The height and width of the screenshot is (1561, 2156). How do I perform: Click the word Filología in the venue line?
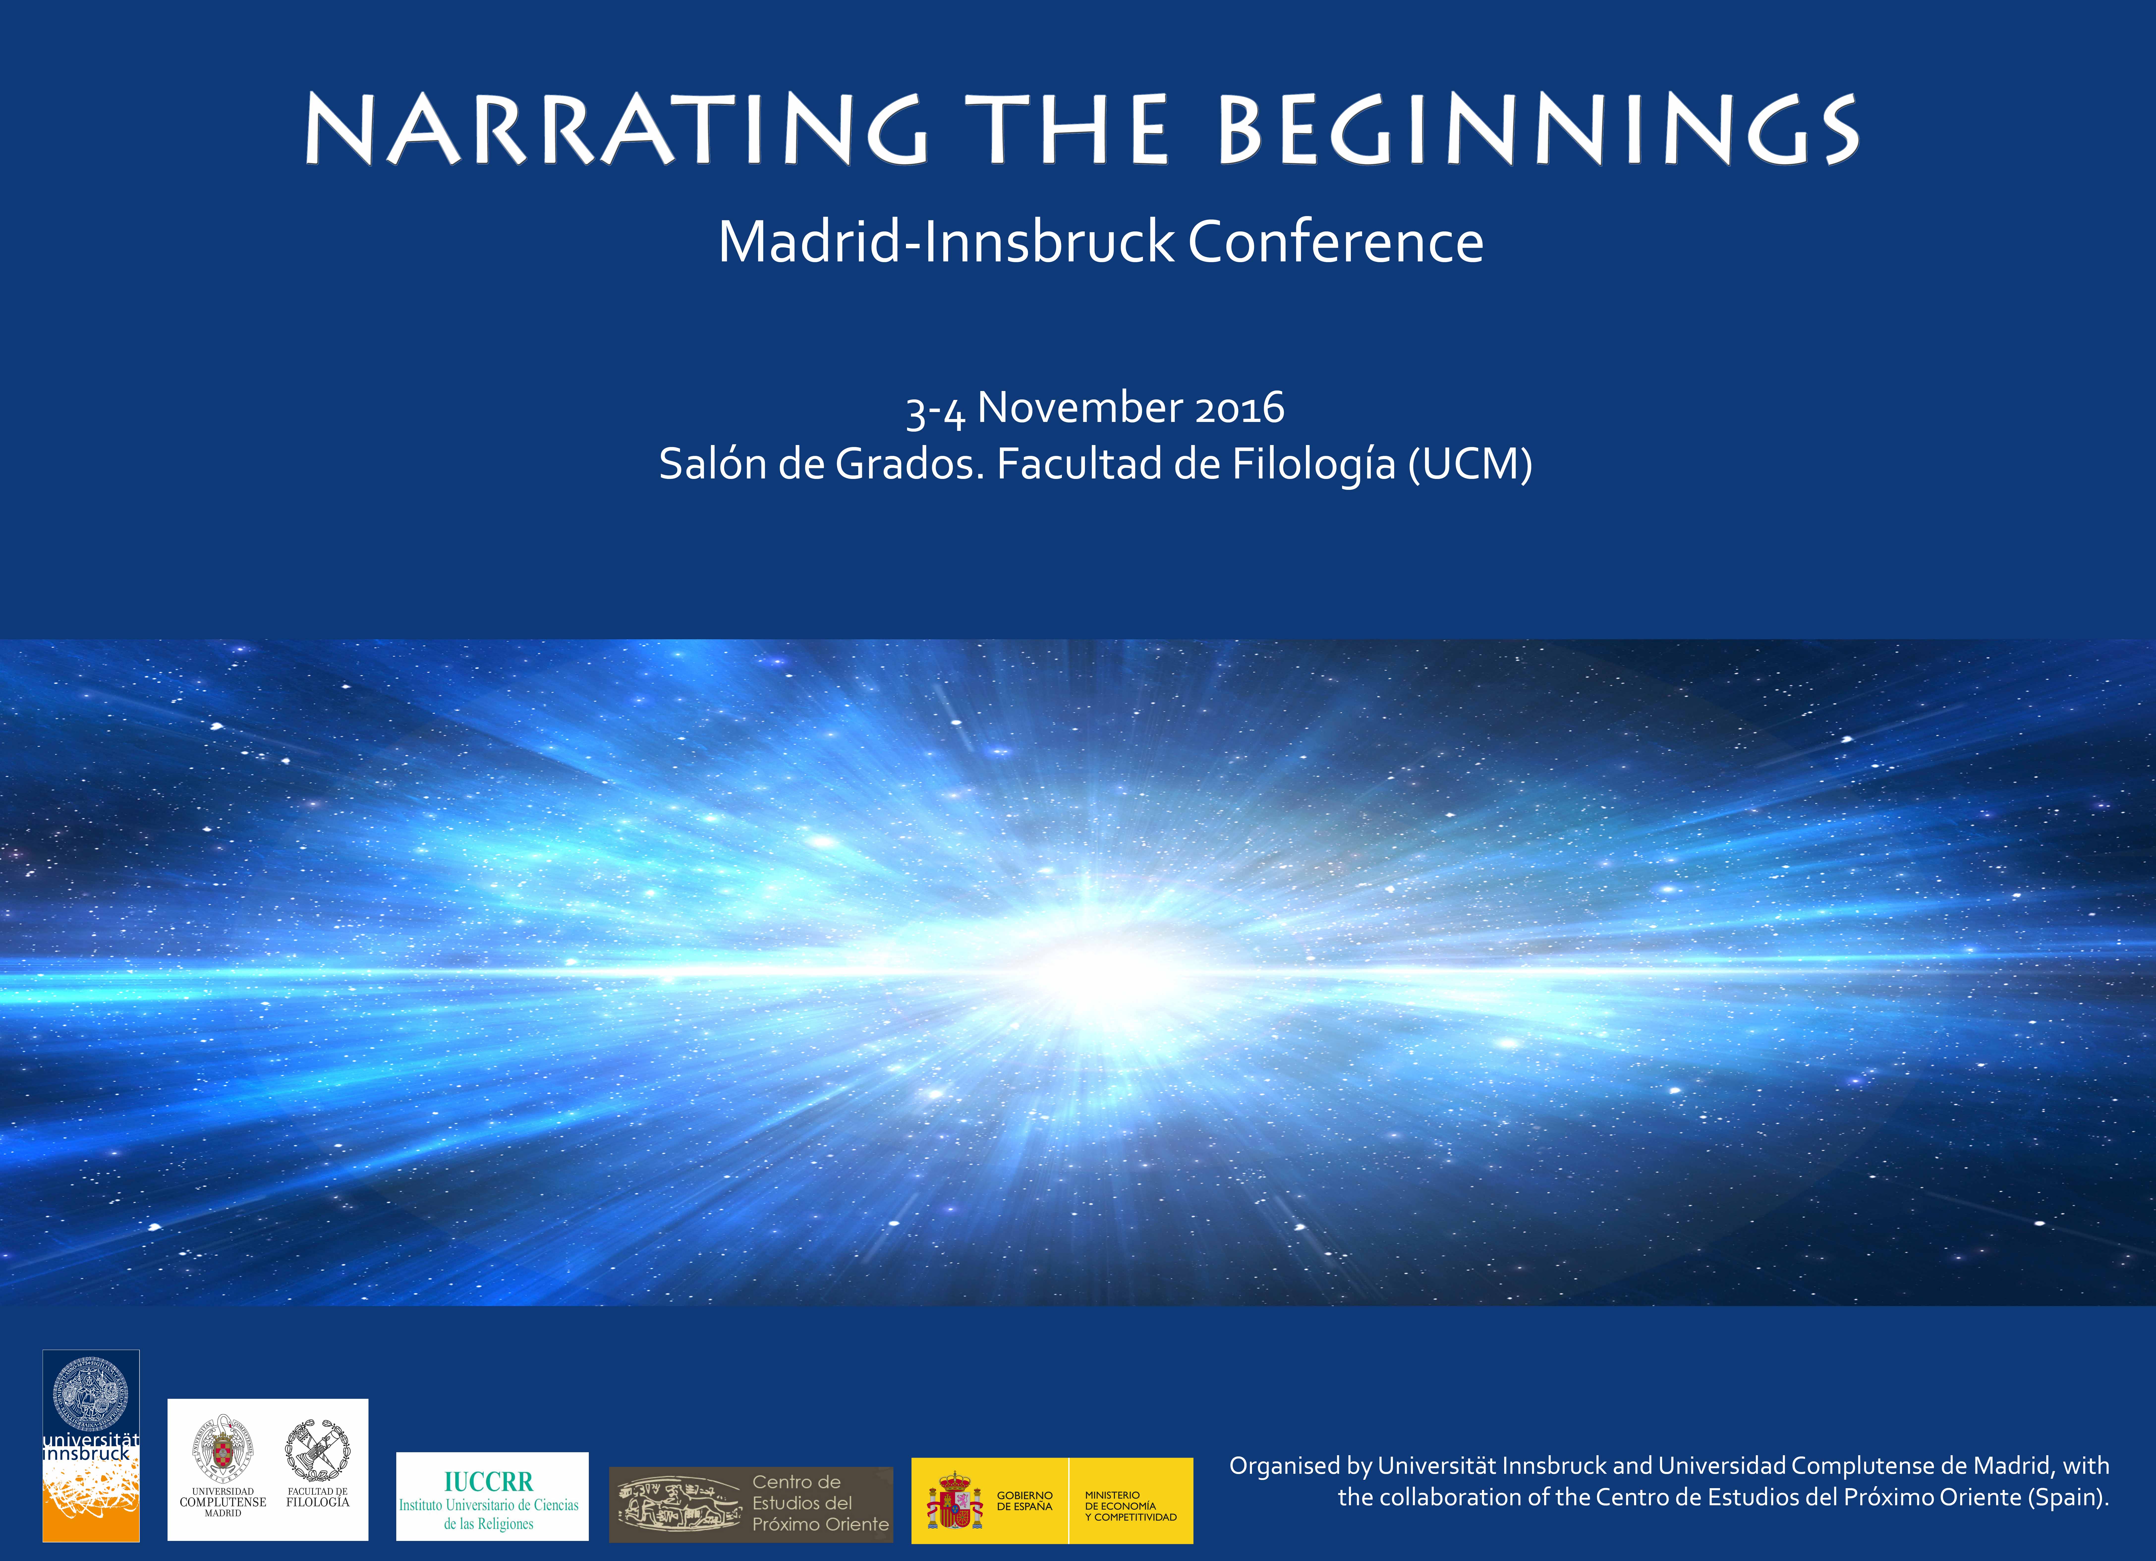1314,465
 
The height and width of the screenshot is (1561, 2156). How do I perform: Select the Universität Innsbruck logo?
91,1445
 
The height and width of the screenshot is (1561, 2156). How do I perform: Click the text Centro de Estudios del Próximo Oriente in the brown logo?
820,1503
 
